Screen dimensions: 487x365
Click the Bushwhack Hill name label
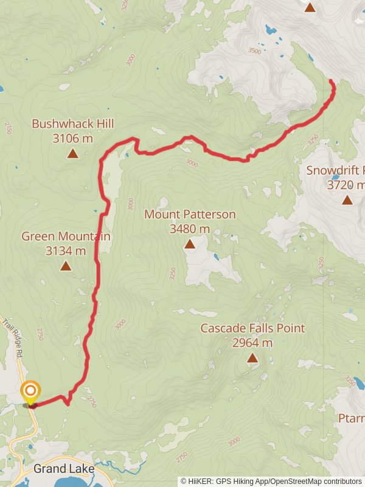[x=73, y=124]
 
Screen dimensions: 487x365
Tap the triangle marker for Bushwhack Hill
[x=72, y=153]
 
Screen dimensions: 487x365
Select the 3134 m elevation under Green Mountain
[x=66, y=250]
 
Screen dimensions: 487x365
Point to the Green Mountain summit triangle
[x=66, y=266]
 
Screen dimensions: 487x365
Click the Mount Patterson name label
[x=190, y=214]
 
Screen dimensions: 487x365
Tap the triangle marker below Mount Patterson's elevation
[x=189, y=245]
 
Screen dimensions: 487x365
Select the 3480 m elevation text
[x=190, y=229]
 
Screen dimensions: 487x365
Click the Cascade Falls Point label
[x=252, y=329]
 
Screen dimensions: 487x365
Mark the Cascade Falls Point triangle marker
[x=252, y=359]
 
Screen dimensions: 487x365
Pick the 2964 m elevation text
[x=252, y=343]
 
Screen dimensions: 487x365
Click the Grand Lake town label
[x=64, y=469]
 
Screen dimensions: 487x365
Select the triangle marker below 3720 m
[x=347, y=200]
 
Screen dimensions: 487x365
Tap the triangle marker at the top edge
[x=310, y=7]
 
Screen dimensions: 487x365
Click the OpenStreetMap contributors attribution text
[x=316, y=481]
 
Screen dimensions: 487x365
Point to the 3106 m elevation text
[x=73, y=138]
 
